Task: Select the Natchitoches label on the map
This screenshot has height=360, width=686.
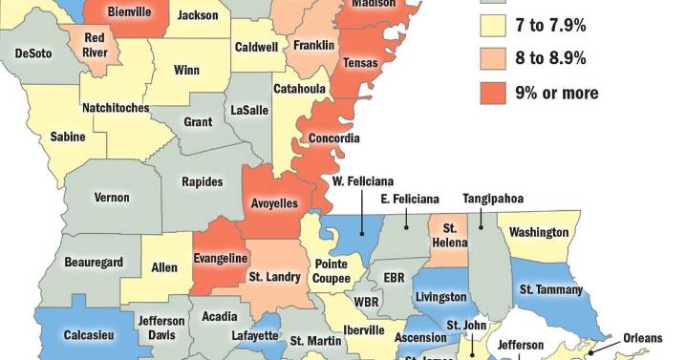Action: pos(115,108)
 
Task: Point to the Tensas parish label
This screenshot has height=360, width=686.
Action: pos(360,63)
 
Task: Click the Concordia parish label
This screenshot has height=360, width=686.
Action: pos(334,138)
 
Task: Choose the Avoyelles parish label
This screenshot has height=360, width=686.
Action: pos(274,203)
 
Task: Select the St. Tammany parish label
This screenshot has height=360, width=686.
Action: pos(550,289)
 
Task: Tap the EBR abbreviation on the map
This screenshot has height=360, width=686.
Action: pos(395,277)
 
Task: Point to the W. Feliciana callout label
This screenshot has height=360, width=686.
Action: pos(363,181)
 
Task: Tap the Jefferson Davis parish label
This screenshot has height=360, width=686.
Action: pos(161,328)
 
